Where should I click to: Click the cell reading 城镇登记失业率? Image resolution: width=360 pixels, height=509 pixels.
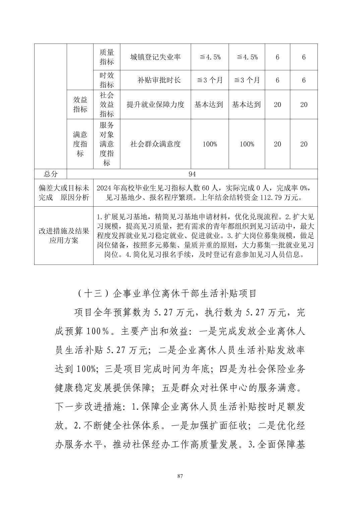click(155, 57)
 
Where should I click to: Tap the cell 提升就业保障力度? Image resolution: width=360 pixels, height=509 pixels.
click(155, 104)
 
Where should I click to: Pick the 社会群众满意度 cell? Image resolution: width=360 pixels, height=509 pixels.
click(155, 144)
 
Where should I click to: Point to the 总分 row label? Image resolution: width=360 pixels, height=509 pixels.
click(51, 174)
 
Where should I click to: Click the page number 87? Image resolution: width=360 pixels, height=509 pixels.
click(180, 476)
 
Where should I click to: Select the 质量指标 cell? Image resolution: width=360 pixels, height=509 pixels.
click(107, 57)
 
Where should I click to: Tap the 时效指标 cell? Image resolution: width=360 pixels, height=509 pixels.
click(107, 80)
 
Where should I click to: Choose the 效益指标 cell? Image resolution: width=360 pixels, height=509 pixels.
click(80, 104)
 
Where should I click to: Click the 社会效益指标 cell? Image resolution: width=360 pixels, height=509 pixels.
click(107, 104)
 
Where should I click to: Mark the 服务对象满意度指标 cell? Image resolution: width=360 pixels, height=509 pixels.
click(107, 144)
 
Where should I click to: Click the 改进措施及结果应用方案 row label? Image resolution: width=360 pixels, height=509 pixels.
click(64, 236)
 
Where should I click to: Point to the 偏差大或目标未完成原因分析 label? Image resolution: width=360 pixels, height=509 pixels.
click(64, 193)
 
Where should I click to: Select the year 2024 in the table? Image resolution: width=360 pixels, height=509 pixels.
click(104, 188)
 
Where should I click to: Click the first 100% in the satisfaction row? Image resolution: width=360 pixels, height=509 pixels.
click(210, 144)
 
